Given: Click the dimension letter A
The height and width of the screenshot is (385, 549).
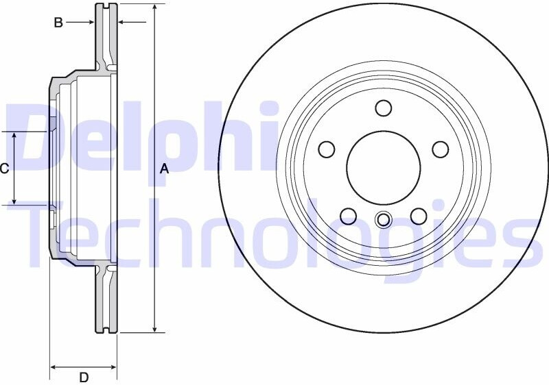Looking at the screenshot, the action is (164, 169).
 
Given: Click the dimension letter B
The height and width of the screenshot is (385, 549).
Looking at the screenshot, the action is (58, 23).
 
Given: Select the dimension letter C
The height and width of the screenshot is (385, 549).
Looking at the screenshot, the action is (4, 169).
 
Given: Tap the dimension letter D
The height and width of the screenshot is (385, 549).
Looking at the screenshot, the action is (84, 377).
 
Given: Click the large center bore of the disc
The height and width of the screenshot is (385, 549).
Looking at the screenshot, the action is (384, 168).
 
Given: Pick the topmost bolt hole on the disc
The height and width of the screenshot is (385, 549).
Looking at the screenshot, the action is (384, 108).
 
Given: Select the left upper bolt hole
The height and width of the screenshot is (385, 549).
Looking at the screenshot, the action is (327, 149).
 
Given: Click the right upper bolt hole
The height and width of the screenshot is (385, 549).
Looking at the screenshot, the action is (441, 149).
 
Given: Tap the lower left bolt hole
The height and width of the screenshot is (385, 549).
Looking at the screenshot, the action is (349, 216).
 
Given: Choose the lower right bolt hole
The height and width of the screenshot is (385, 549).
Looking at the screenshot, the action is (419, 216).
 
